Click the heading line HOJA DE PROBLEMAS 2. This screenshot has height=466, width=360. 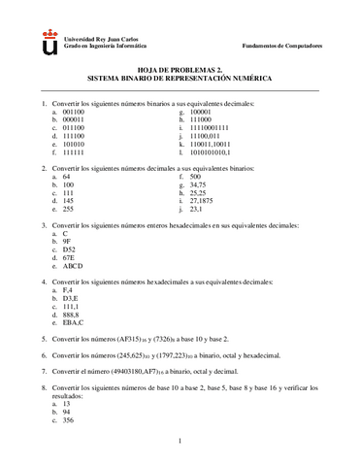(180, 69)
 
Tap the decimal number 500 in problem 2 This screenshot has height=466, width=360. (196, 177)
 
